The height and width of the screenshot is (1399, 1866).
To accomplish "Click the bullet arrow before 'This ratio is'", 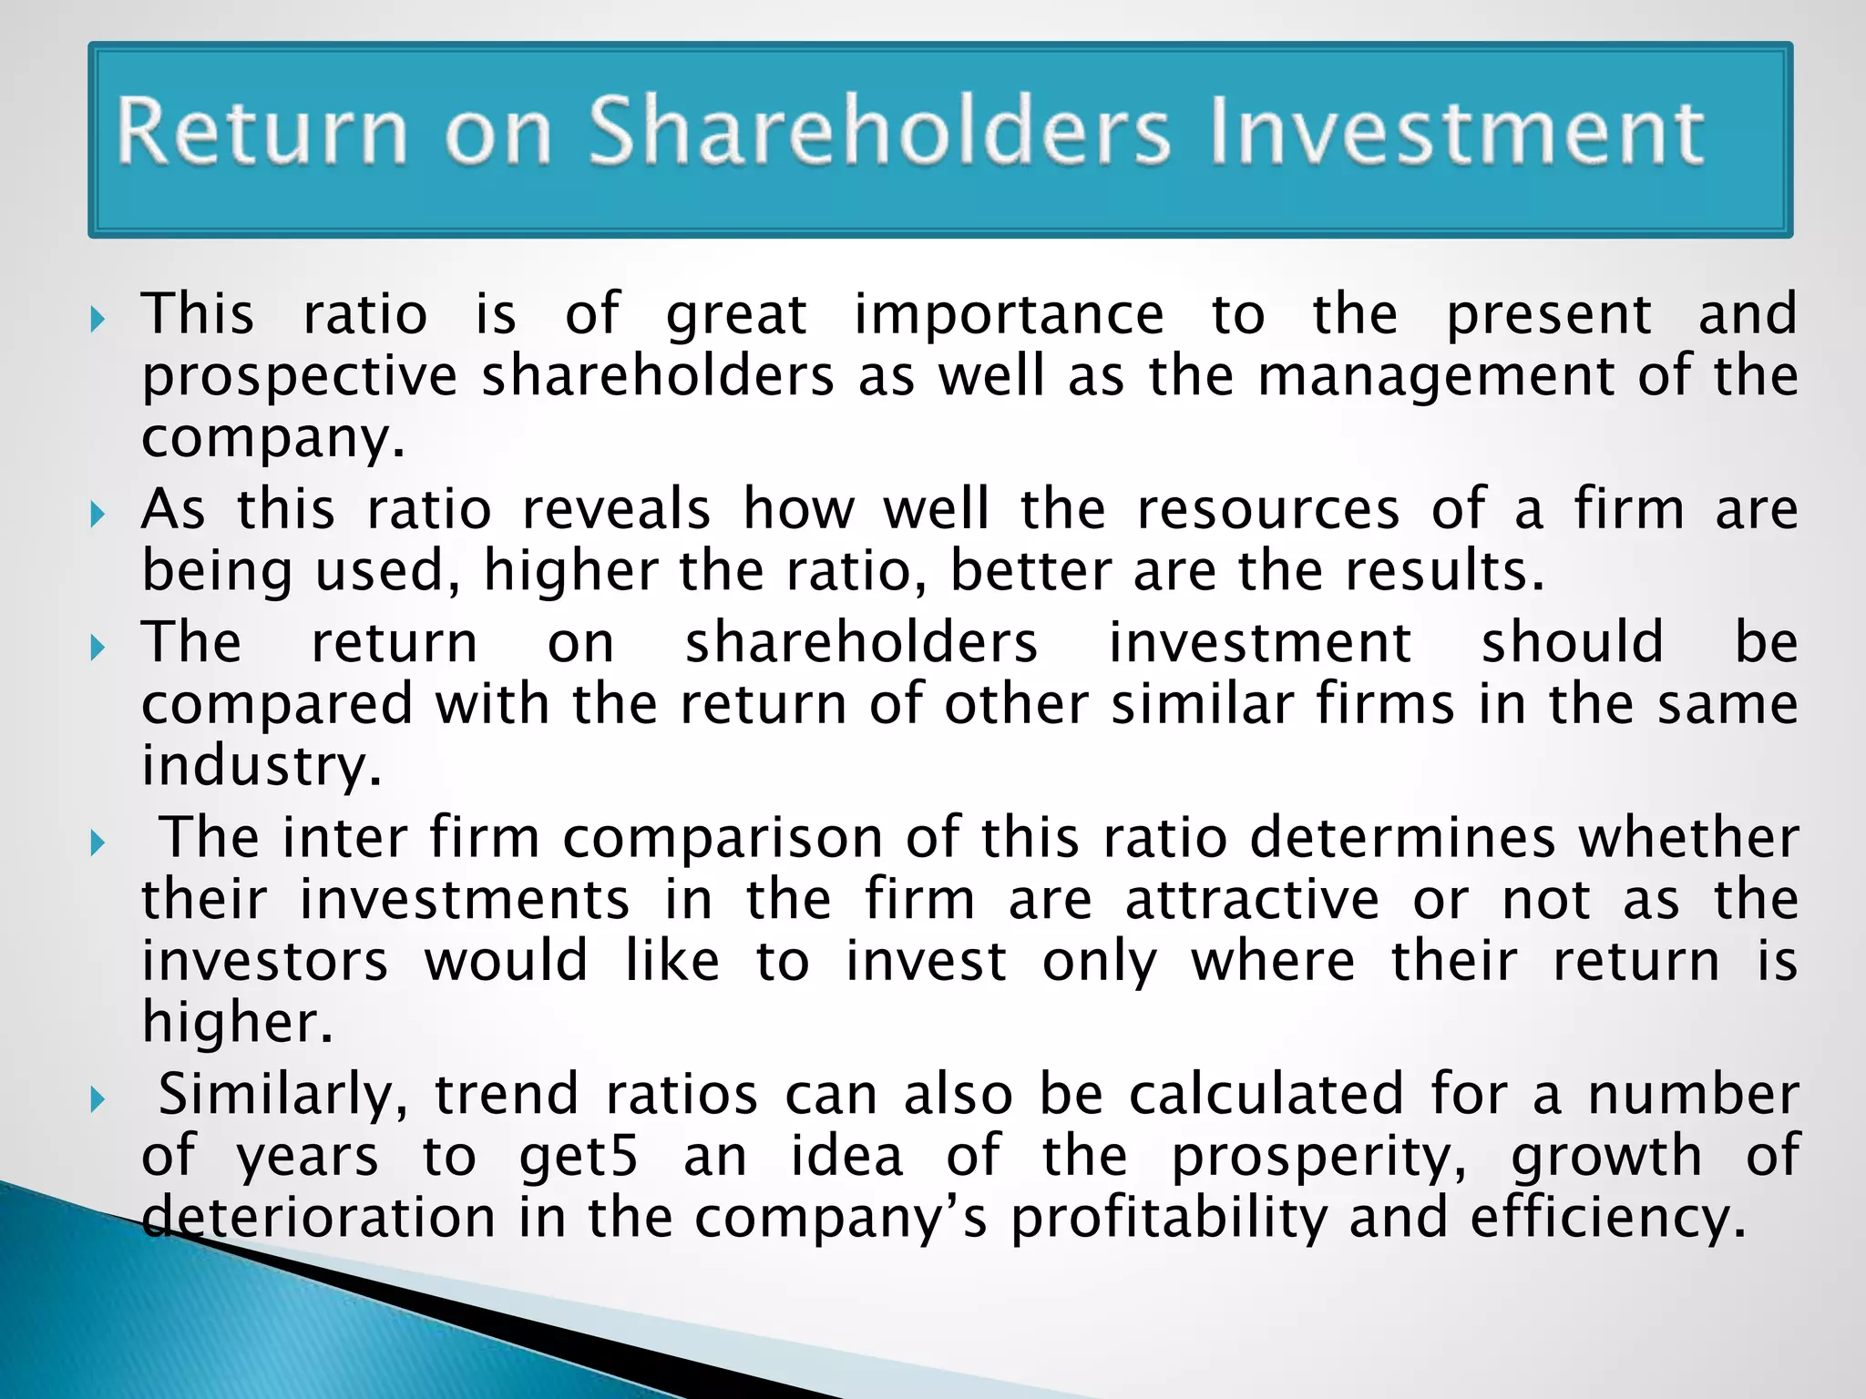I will pyautogui.click(x=98, y=320).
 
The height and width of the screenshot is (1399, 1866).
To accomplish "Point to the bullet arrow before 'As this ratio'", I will pyautogui.click(x=98, y=516).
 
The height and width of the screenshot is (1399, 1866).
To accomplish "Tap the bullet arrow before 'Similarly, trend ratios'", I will pyautogui.click(x=98, y=1100).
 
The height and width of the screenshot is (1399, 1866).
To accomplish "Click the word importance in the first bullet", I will pyautogui.click(x=1009, y=315).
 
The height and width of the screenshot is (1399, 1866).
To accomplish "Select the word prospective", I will pyautogui.click(x=300, y=377).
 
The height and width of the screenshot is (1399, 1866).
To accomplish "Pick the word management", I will pyautogui.click(x=1436, y=377).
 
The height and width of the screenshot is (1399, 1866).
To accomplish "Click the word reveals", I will pyautogui.click(x=616, y=509).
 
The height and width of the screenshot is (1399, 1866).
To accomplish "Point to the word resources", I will pyautogui.click(x=1267, y=509).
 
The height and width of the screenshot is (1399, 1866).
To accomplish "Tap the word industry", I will pyautogui.click(x=260, y=766).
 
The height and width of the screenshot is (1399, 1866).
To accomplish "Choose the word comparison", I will pyautogui.click(x=723, y=838).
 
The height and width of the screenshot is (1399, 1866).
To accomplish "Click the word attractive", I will pyautogui.click(x=1253, y=900).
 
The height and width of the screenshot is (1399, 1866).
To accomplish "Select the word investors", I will pyautogui.click(x=265, y=962).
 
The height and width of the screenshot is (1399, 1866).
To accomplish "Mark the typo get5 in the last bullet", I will pyautogui.click(x=579, y=1158).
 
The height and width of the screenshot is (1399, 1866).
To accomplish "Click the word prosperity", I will pyautogui.click(x=1318, y=1158).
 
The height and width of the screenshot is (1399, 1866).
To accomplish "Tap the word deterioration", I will pyautogui.click(x=318, y=1218).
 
